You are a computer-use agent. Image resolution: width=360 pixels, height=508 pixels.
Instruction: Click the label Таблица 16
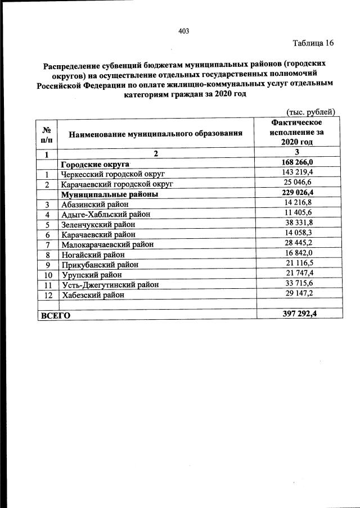(313, 43)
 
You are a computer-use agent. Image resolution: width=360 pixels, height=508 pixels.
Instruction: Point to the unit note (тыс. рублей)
(311, 112)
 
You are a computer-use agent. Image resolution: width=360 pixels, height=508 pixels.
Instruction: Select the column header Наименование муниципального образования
(156, 134)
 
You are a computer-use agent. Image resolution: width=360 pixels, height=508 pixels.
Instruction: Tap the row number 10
(48, 275)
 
